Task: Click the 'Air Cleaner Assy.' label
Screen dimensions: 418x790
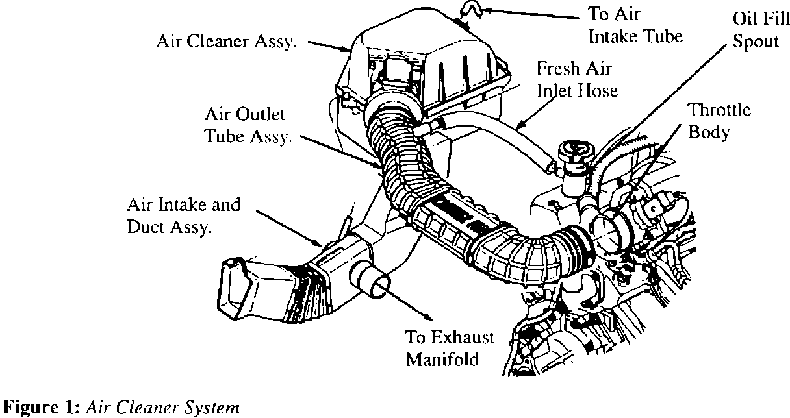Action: click(226, 42)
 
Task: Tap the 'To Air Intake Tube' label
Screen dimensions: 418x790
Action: click(635, 24)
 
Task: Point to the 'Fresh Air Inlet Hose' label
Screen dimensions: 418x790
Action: click(576, 79)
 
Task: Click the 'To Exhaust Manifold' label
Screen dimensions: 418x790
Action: click(450, 349)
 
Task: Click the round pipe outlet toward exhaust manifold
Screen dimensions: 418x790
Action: click(374, 286)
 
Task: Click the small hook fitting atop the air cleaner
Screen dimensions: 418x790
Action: click(466, 10)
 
